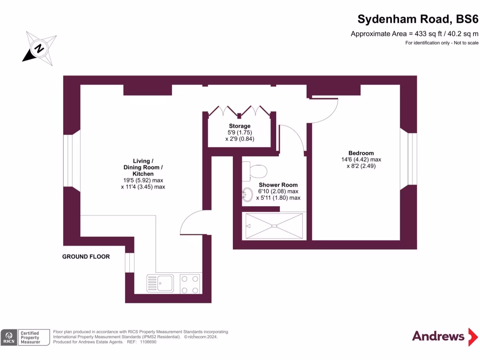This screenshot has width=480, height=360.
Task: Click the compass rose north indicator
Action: [40, 48]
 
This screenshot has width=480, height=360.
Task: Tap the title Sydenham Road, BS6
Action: [418, 19]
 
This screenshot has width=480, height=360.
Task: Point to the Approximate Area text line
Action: [414, 34]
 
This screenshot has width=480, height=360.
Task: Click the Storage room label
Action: [240, 126]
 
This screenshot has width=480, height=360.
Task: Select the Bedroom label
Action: [361, 153]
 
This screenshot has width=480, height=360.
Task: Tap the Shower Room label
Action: [278, 185]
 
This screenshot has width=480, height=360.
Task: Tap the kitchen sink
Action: [160, 283]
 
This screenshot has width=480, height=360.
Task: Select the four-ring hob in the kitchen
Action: [190, 284]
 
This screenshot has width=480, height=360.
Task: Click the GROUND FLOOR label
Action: [86, 256]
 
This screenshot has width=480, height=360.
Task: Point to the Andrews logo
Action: [438, 336]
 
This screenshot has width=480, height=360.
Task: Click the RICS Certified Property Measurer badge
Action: [25, 337]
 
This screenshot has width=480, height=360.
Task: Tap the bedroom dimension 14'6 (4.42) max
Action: [361, 159]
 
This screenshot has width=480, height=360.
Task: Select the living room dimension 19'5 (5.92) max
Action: [143, 180]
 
